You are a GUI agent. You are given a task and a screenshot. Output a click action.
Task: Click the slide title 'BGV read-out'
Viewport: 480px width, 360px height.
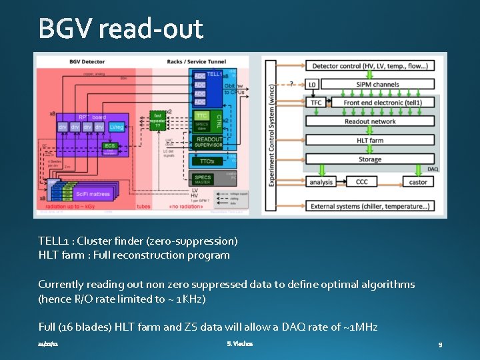point(121,29)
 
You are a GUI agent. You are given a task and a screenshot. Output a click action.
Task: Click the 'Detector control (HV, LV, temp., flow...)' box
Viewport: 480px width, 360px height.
point(370,66)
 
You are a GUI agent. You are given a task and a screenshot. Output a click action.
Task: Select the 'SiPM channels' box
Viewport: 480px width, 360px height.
point(377,85)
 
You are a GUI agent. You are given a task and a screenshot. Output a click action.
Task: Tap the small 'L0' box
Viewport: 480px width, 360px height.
point(313,85)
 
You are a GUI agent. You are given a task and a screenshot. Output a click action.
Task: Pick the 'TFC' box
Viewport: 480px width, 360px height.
point(316,103)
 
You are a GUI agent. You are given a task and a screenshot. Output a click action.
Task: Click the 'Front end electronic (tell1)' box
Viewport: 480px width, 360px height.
point(383,103)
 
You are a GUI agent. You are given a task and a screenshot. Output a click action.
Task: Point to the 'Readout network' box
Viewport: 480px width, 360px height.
point(370,121)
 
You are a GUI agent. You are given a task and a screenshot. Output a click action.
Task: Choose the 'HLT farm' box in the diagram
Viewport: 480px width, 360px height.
point(370,140)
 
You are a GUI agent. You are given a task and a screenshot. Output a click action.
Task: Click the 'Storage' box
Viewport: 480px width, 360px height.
point(370,159)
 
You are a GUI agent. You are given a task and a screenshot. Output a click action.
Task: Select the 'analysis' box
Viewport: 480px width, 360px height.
point(321,181)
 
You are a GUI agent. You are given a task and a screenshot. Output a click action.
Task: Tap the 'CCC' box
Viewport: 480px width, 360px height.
point(361,181)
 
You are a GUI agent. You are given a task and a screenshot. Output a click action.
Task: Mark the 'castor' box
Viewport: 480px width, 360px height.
point(418,181)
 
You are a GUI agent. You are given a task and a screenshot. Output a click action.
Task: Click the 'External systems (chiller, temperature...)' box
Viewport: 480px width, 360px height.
point(370,207)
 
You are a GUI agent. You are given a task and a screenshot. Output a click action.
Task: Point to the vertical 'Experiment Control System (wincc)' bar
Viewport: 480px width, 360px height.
point(271,133)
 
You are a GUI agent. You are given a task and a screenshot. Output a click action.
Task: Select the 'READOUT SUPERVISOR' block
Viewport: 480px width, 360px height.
point(209,141)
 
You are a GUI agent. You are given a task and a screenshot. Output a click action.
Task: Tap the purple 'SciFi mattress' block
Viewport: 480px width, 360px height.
point(93,194)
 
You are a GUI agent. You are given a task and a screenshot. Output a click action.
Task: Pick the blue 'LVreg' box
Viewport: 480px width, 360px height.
point(117,127)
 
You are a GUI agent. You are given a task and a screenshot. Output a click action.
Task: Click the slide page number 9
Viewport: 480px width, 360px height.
point(441,345)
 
